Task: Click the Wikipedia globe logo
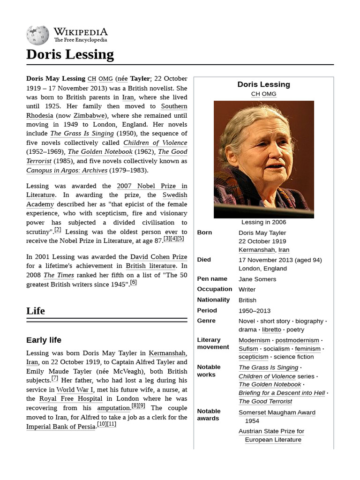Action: pyautogui.click(x=37, y=35)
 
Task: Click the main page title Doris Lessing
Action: pyautogui.click(x=70, y=55)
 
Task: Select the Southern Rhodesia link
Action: pyautogui.click(x=174, y=106)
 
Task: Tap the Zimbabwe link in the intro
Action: pyautogui.click(x=89, y=115)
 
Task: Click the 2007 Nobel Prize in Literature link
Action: pyautogui.click(x=152, y=186)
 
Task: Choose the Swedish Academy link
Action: pyautogui.click(x=175, y=195)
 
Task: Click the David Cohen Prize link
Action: pyautogui.click(x=158, y=257)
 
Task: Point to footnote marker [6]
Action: pyautogui.click(x=134, y=282)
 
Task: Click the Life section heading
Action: pyautogui.click(x=36, y=311)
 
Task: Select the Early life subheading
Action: pyautogui.click(x=44, y=340)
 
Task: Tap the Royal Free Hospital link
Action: pyautogui.click(x=71, y=399)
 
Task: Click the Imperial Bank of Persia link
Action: pyautogui.click(x=61, y=427)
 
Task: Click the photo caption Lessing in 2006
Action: pyautogui.click(x=263, y=222)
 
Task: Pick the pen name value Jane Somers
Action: pyautogui.click(x=257, y=279)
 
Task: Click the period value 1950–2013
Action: pyautogui.click(x=255, y=310)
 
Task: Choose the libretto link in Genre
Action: pyautogui.click(x=271, y=330)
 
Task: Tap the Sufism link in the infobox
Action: pyautogui.click(x=248, y=349)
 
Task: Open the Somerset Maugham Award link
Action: pyautogui.click(x=277, y=412)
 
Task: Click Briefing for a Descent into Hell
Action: pyautogui.click(x=282, y=393)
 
